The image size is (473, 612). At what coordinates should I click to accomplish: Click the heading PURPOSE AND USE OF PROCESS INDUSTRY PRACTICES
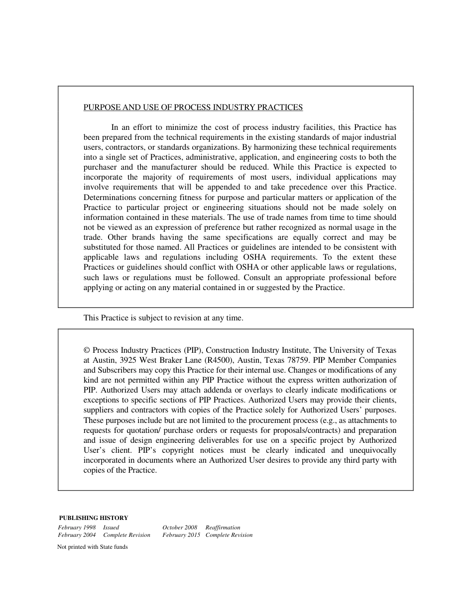pos(193,107)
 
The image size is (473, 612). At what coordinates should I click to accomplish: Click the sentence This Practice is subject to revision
pos(163,318)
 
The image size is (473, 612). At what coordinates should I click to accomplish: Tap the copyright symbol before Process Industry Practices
pos(87,350)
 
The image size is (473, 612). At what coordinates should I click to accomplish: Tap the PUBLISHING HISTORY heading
pos(94,518)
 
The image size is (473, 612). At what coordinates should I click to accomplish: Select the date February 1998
pos(77,527)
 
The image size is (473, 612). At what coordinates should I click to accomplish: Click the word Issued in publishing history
pos(111,527)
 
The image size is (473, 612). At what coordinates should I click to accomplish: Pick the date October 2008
pos(180,527)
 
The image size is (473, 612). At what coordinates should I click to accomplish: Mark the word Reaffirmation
pos(223,527)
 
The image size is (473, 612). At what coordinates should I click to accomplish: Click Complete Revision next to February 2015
pos(229,535)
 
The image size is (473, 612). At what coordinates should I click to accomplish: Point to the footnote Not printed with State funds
pos(93,547)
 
